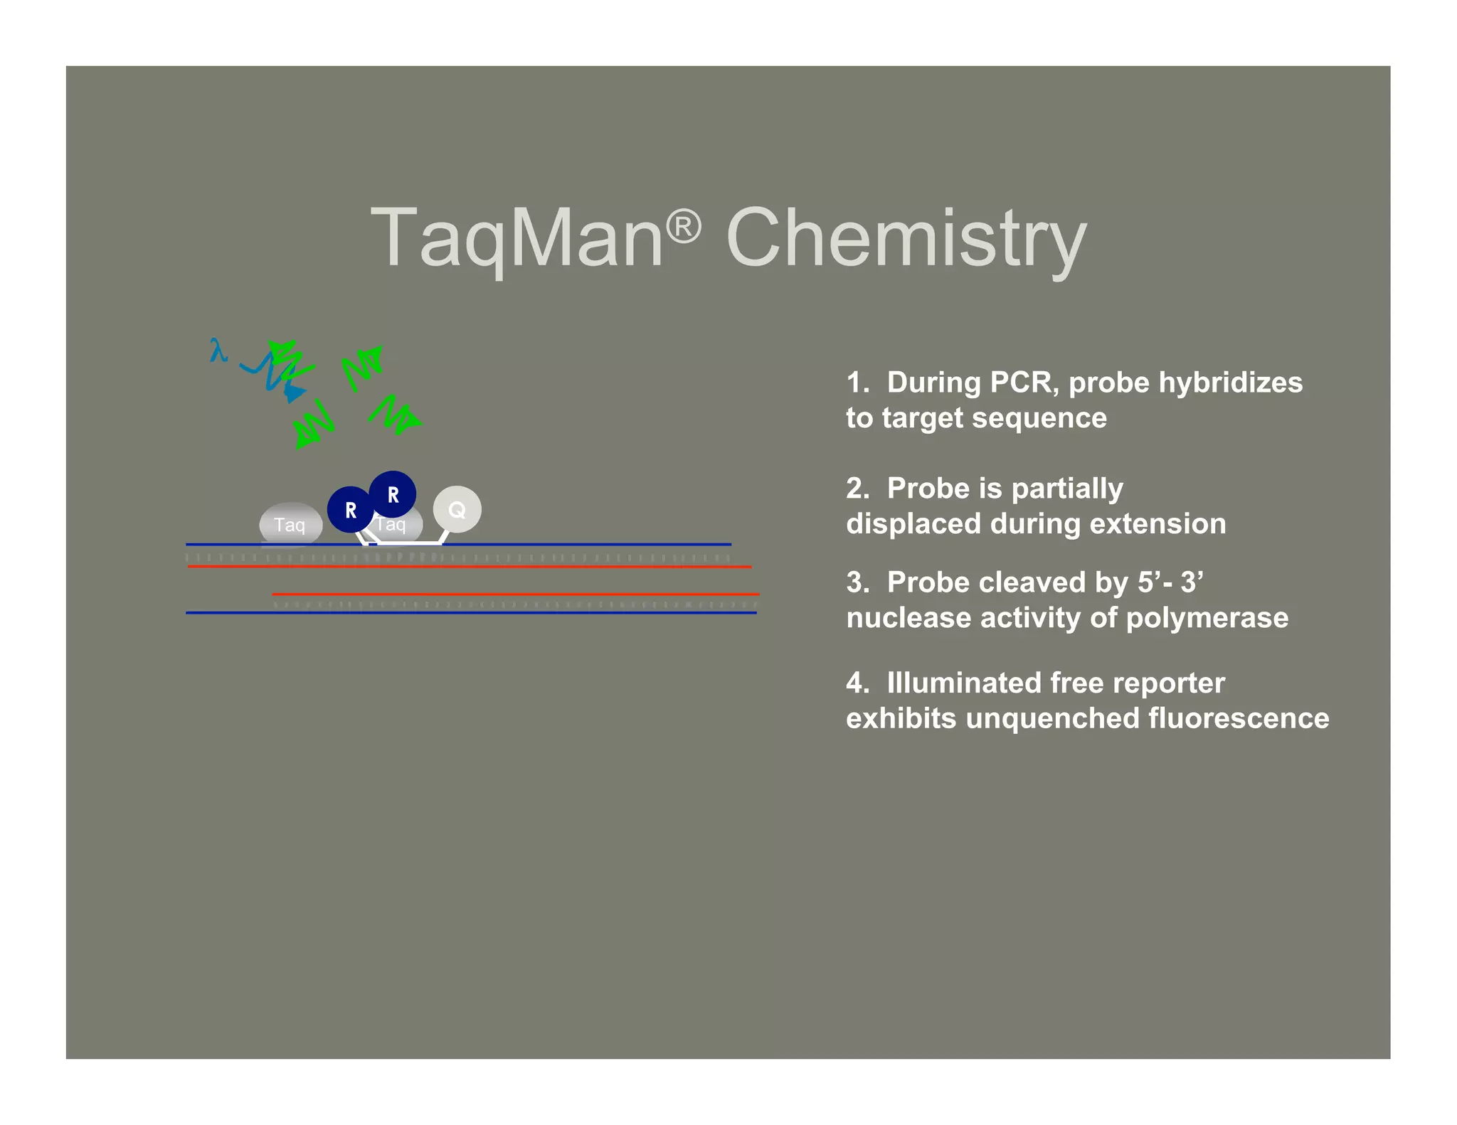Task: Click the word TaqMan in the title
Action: [x=516, y=238]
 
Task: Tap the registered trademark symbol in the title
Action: [x=684, y=227]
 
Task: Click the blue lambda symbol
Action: [x=218, y=350]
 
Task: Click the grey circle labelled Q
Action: [x=457, y=509]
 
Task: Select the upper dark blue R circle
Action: [x=393, y=494]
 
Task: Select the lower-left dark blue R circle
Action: [x=350, y=510]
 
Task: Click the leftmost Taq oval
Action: [x=290, y=525]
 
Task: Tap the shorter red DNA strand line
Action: [x=515, y=594]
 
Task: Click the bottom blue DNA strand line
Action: [x=471, y=612]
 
